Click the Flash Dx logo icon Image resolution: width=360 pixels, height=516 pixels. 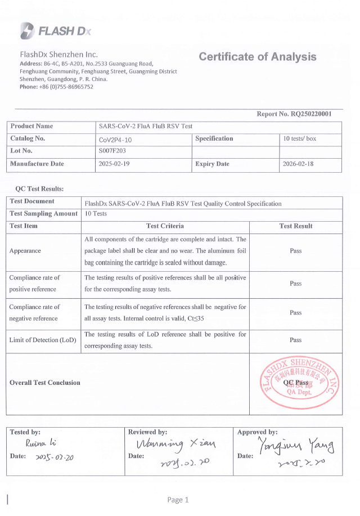(27, 30)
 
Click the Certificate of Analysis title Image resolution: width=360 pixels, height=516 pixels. (258, 57)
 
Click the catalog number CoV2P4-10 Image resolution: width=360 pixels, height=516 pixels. (116, 139)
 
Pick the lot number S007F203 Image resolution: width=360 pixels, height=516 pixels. (113, 151)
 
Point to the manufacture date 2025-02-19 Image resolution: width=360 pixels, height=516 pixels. (114, 164)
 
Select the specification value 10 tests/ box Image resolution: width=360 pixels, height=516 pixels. (300, 139)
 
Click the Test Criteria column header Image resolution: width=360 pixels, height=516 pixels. (165, 226)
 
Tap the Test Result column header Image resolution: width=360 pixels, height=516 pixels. (296, 226)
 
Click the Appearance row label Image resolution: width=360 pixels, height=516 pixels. (25, 251)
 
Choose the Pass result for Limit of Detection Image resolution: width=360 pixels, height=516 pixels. (296, 340)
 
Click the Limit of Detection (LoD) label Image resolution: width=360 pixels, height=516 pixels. (43, 340)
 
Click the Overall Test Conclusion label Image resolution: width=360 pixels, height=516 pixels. (45, 383)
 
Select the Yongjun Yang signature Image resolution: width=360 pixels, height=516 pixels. (296, 447)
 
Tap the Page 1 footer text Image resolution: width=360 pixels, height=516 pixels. (178, 500)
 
